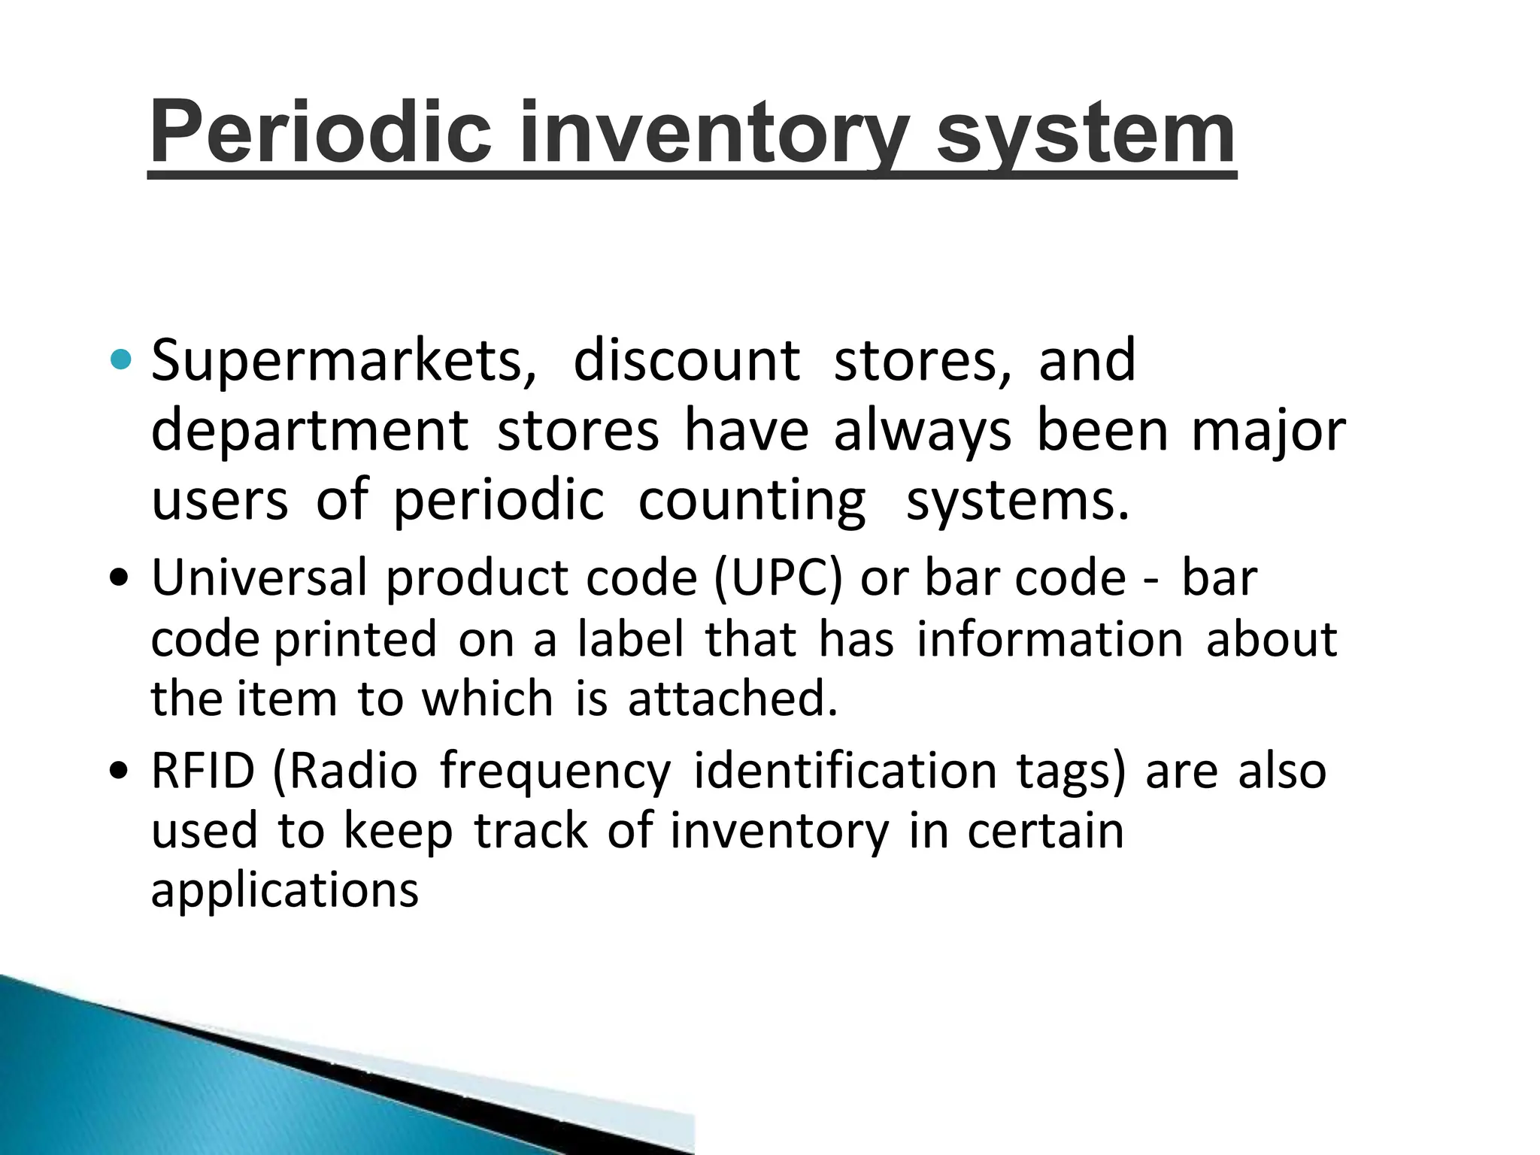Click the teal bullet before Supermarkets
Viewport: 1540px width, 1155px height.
pos(120,360)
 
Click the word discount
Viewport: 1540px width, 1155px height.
pos(686,360)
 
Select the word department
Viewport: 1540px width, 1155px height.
pos(310,432)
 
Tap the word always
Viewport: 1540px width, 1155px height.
pos(922,432)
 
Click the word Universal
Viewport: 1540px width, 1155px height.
pos(259,577)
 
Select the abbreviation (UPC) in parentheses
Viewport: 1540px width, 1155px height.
pos(778,577)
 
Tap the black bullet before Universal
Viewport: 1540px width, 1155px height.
pos(119,579)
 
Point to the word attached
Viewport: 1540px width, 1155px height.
pos(732,698)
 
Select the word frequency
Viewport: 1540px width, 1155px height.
pos(555,772)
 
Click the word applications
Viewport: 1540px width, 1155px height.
pos(284,890)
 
